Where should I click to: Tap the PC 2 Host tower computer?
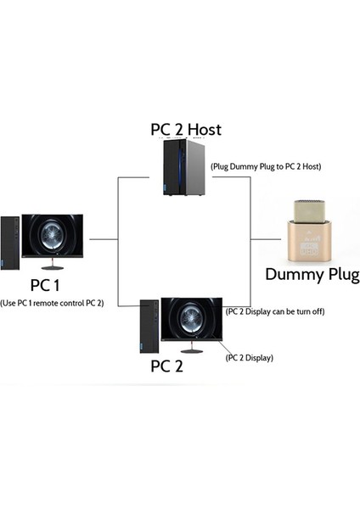point(183,170)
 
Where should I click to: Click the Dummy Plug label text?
point(312,275)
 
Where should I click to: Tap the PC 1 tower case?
point(9,245)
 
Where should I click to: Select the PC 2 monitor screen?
point(191,322)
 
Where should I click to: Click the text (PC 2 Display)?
point(250,358)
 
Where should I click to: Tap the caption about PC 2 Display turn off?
point(275,311)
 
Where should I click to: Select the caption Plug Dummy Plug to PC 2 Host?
point(266,165)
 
